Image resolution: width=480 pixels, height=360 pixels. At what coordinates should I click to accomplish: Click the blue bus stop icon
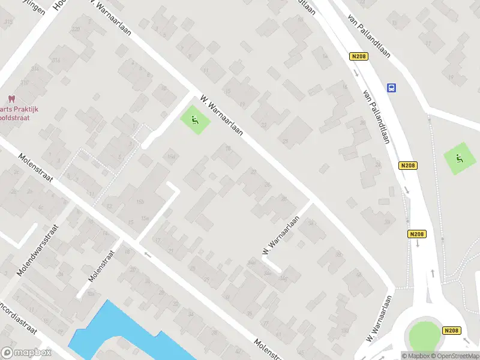pyautogui.click(x=392, y=88)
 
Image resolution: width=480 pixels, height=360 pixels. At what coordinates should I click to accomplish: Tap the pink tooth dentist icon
pyautogui.click(x=10, y=99)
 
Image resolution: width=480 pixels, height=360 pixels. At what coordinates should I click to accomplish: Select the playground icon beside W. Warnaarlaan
pyautogui.click(x=195, y=120)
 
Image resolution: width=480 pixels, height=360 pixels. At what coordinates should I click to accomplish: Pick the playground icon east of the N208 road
pyautogui.click(x=459, y=159)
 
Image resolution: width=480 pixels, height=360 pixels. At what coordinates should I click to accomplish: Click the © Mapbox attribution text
pyautogui.click(x=416, y=356)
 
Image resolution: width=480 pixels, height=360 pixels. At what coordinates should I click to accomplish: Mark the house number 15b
pyautogui.click(x=140, y=201)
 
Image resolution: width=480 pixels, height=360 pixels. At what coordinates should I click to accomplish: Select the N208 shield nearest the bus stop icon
pyautogui.click(x=359, y=56)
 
